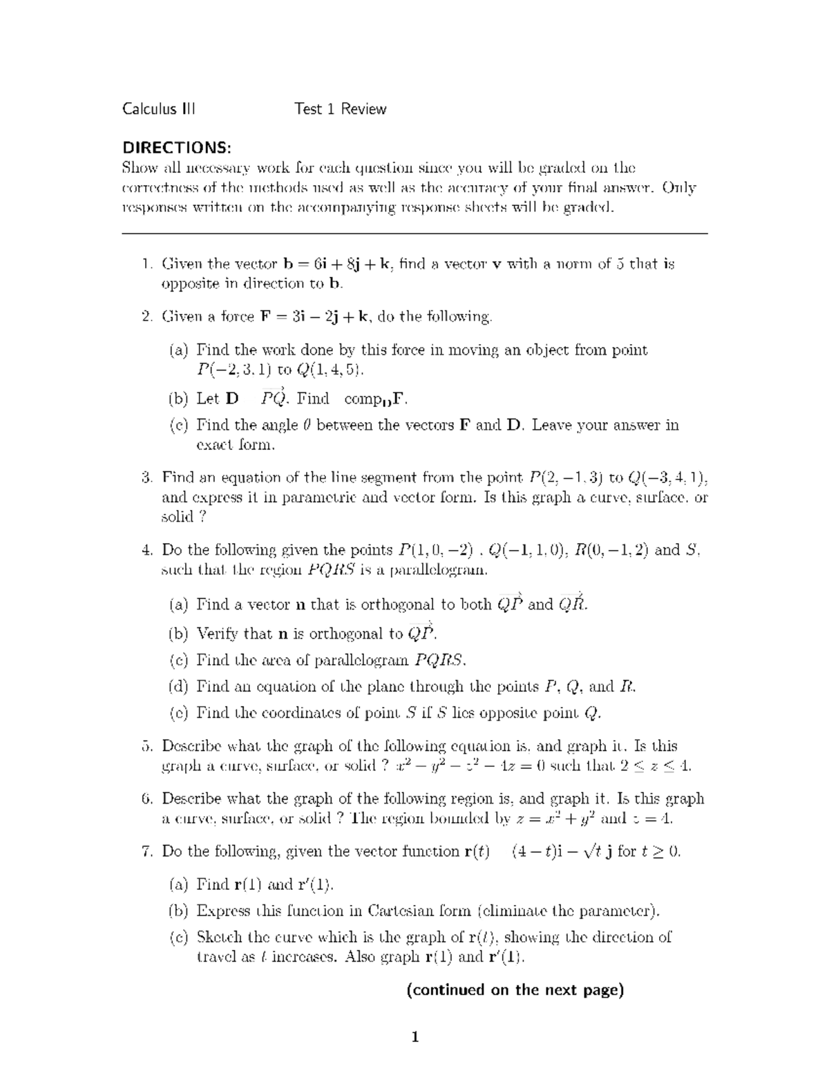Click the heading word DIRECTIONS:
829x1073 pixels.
(177, 147)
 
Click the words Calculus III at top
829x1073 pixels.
(158, 108)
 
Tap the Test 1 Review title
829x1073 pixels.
(340, 108)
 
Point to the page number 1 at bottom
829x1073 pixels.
(414, 1036)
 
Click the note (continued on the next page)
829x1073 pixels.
(515, 989)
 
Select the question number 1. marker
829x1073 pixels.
(146, 264)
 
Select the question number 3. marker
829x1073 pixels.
(146, 477)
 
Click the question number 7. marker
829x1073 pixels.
(146, 851)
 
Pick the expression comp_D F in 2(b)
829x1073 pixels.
(377, 399)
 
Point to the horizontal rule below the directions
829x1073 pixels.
(414, 234)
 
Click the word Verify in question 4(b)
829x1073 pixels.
(218, 634)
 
